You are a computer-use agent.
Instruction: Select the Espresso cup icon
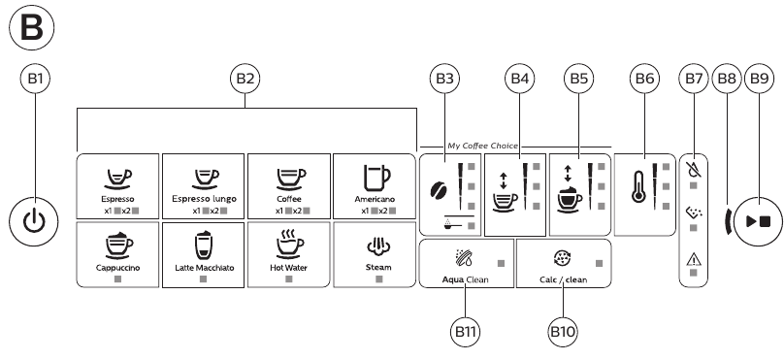117,176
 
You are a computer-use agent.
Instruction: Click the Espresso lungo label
203,198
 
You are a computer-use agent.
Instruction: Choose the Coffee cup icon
289,176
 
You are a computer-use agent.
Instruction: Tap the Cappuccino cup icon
117,243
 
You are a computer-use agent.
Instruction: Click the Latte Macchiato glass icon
203,243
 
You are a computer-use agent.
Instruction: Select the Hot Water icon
289,243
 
